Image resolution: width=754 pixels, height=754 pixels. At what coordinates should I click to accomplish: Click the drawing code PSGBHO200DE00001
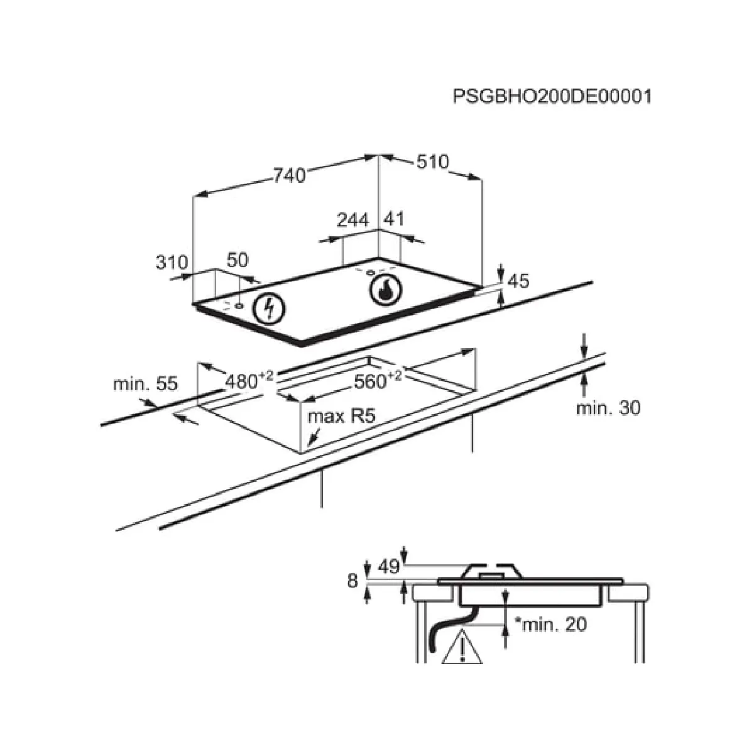(552, 96)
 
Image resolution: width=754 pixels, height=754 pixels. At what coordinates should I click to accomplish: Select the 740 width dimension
(289, 175)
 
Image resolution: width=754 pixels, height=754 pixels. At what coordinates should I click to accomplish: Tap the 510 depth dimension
(432, 161)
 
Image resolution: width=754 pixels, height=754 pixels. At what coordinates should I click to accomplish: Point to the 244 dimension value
(352, 220)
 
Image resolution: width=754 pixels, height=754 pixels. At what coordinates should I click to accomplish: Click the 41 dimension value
(393, 219)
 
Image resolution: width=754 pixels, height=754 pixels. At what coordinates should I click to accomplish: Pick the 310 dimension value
(172, 262)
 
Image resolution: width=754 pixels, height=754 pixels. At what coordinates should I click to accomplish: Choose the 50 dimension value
(237, 260)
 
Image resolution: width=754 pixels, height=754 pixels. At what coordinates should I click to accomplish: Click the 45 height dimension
(518, 281)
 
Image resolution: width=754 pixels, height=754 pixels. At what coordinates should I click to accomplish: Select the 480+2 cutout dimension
(249, 380)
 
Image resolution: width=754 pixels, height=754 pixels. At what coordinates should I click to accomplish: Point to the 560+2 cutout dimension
(378, 380)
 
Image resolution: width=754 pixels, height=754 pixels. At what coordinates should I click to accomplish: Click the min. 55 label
(145, 383)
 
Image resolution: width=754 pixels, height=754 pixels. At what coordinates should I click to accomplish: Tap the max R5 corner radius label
(342, 416)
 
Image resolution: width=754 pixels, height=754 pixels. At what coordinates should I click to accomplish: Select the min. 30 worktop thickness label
(608, 408)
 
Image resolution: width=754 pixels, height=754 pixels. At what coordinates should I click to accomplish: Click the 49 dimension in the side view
(390, 567)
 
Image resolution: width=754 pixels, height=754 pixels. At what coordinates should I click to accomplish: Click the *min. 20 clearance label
(550, 625)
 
